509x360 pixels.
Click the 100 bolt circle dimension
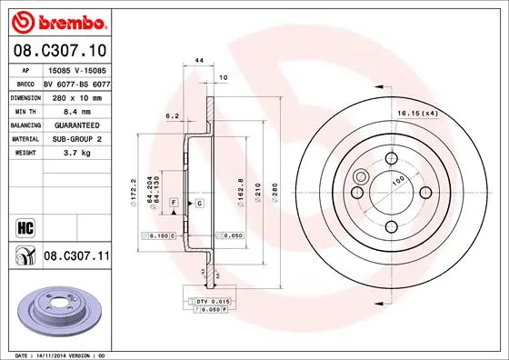point(396,180)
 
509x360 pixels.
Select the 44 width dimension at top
point(197,60)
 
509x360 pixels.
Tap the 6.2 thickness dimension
point(172,115)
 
